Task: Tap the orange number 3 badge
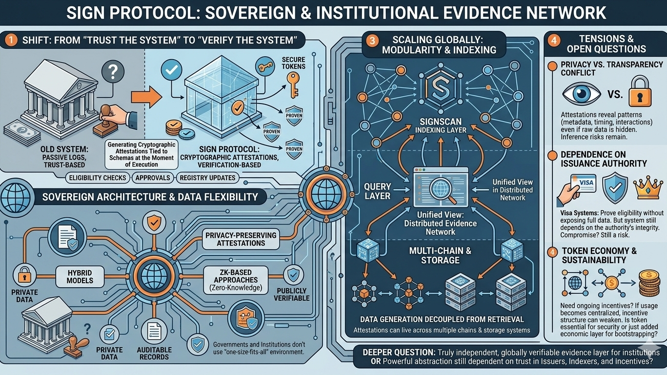[x=372, y=42]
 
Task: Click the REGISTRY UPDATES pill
[x=208, y=178]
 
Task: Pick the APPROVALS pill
[x=153, y=178]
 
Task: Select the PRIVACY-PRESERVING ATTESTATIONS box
[x=241, y=239]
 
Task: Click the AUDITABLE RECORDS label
[x=154, y=354]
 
